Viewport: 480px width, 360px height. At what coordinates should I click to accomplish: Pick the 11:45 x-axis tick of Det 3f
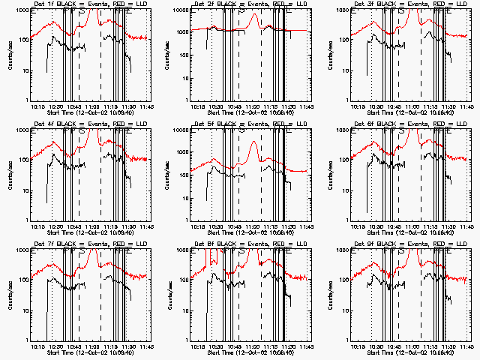pos(466,106)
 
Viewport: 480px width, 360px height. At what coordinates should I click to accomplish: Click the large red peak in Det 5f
pos(254,142)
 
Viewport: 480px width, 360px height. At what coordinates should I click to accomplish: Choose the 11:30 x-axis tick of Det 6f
pos(448,226)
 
